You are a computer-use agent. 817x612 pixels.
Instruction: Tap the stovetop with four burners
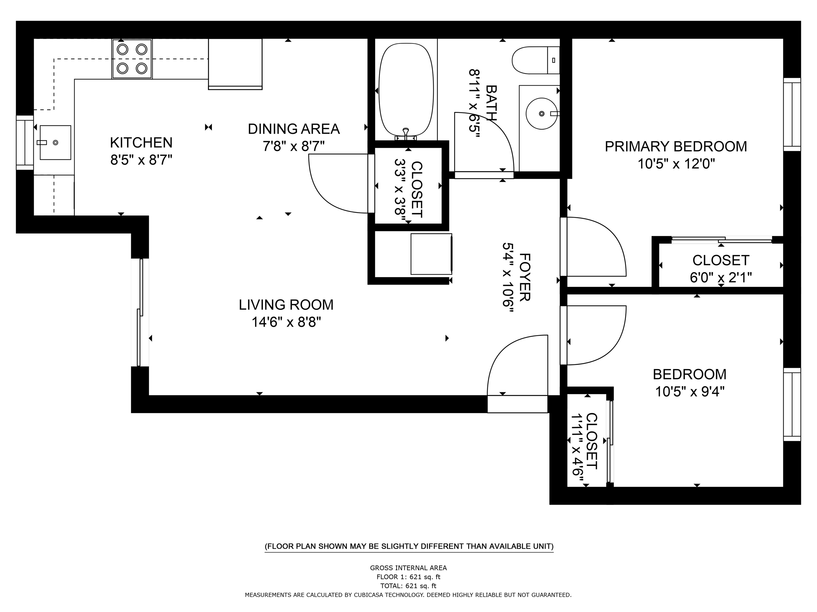coord(132,59)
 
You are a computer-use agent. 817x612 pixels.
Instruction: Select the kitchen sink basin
coord(55,142)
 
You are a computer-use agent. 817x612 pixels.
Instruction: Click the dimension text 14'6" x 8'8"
coord(286,322)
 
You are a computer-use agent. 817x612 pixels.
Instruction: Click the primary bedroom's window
coord(792,114)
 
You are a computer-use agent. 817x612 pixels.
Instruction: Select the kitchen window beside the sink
coord(25,143)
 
